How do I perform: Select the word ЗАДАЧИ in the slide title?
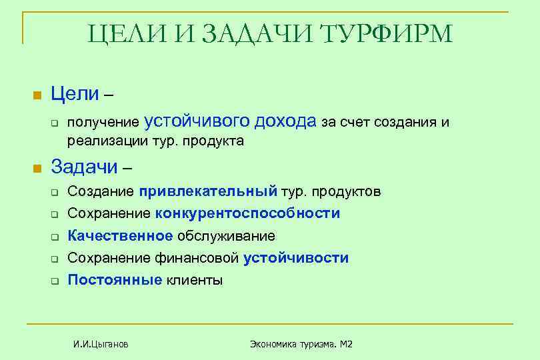click(x=254, y=33)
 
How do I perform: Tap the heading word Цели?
click(x=75, y=95)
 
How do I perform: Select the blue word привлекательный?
click(x=208, y=192)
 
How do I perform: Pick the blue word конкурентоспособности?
click(x=247, y=214)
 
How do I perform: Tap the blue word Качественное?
click(x=120, y=236)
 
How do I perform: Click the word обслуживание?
click(x=226, y=236)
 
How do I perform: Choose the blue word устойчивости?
click(x=296, y=258)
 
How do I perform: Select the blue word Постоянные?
click(x=115, y=280)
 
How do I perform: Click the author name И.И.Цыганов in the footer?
click(x=101, y=344)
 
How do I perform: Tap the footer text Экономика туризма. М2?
click(x=301, y=344)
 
